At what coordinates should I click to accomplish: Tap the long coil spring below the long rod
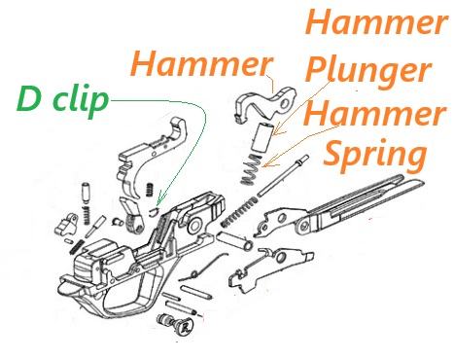pos(242,208)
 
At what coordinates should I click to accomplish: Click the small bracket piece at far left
pos(67,223)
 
